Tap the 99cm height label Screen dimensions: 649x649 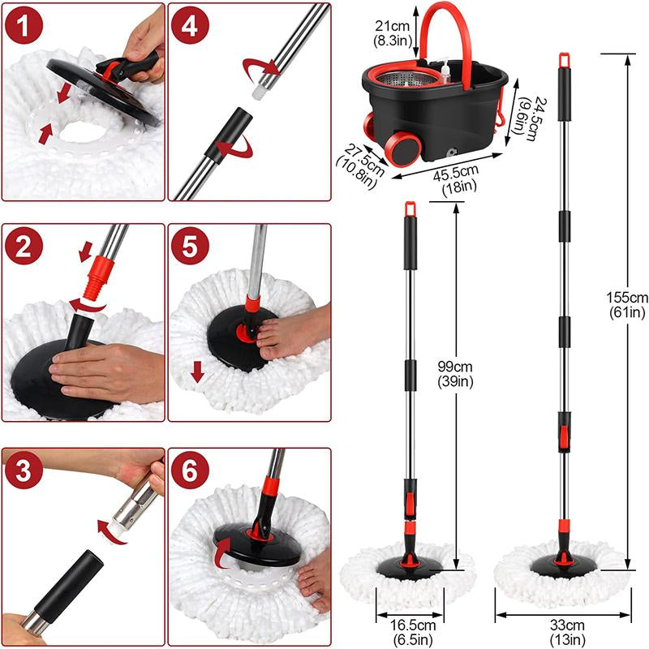(x=457, y=374)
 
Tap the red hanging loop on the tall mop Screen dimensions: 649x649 (x=562, y=59)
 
